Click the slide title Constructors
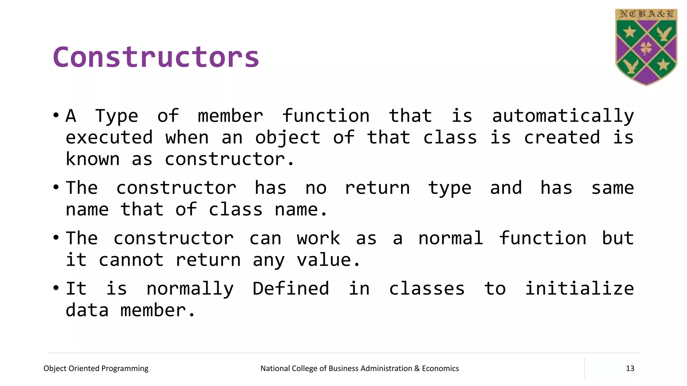tap(156, 57)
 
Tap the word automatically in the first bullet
tap(563, 116)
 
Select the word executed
tap(109, 138)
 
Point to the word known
tap(93, 159)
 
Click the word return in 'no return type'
tap(377, 188)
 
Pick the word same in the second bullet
tap(612, 188)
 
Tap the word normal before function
tap(451, 239)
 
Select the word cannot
tap(131, 260)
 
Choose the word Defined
tap(290, 289)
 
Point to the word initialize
tap(579, 289)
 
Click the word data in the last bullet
tap(87, 310)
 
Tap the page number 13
tap(630, 369)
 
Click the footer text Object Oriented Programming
tap(96, 369)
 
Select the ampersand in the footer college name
tap(417, 369)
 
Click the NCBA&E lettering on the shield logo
tap(646, 14)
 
